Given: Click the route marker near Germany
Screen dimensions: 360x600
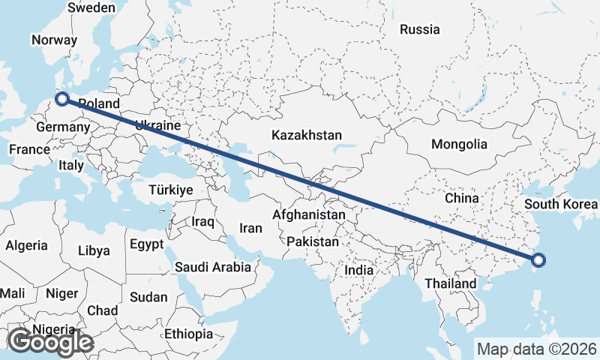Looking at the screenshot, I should [x=63, y=98].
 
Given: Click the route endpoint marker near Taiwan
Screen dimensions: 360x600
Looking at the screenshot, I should [x=538, y=260].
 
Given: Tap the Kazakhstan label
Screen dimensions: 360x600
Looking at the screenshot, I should [x=307, y=136].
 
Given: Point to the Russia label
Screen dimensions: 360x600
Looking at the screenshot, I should [x=419, y=30].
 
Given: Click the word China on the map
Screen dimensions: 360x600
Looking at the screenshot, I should [x=461, y=198].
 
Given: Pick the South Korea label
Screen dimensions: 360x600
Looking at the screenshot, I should [x=561, y=204].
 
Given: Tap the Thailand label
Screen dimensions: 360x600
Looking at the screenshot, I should [x=450, y=283].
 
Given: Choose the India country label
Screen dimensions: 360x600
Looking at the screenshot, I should [x=358, y=270].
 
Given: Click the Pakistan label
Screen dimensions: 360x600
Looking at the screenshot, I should [x=313, y=242].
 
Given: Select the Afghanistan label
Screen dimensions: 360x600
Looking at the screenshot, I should [x=309, y=215].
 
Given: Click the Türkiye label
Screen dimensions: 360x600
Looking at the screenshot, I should [x=171, y=190].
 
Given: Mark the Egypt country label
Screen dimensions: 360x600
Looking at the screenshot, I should [x=146, y=244].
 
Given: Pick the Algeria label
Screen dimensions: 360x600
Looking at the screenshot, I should [x=26, y=245].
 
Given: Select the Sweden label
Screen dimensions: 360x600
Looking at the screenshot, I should [x=91, y=7].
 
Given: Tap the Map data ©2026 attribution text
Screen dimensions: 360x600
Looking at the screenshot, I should [x=537, y=349].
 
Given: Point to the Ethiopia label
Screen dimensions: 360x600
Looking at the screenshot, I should [x=189, y=333].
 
